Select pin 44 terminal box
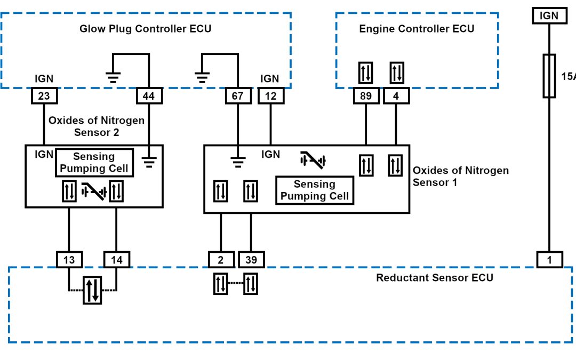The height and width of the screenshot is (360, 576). [149, 96]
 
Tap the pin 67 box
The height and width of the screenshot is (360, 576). [237, 96]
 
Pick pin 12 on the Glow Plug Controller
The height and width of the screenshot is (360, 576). [271, 96]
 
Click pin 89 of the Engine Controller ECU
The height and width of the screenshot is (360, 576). [366, 96]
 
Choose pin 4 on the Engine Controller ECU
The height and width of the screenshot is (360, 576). [395, 96]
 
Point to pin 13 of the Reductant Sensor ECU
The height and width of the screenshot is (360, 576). [69, 260]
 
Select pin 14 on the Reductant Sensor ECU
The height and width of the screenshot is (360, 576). [116, 260]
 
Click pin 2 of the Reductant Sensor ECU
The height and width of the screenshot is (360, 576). [221, 260]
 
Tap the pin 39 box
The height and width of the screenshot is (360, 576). [251, 260]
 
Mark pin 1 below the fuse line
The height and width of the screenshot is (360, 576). [549, 260]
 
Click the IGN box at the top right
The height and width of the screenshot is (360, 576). [549, 16]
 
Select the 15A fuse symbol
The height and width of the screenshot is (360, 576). [549, 75]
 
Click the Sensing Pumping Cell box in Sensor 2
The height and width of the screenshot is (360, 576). [94, 163]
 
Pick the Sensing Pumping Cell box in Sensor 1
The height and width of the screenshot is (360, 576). [315, 190]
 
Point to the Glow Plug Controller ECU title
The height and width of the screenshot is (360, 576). [145, 29]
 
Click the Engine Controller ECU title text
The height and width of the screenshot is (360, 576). [417, 29]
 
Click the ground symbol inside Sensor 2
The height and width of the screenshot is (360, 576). [149, 161]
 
